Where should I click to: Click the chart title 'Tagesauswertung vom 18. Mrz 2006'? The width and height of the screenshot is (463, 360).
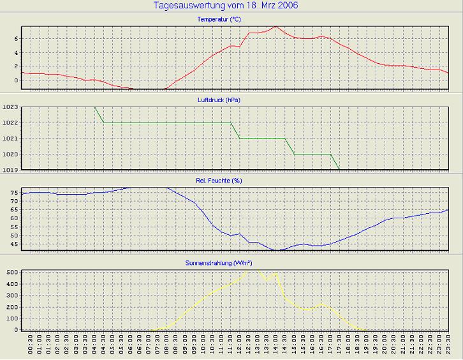[x=225, y=6]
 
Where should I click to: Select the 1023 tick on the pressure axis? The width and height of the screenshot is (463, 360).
[x=11, y=107]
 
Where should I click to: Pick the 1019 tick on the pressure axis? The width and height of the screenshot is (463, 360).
[x=11, y=170]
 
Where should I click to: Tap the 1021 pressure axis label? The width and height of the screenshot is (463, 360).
[x=11, y=139]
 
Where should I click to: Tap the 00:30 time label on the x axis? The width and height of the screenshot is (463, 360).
[x=31, y=349]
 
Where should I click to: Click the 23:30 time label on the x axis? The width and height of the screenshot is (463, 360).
[x=448, y=349]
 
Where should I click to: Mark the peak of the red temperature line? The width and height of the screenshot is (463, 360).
[x=276, y=27]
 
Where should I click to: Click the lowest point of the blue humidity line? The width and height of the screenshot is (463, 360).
[x=276, y=250]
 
